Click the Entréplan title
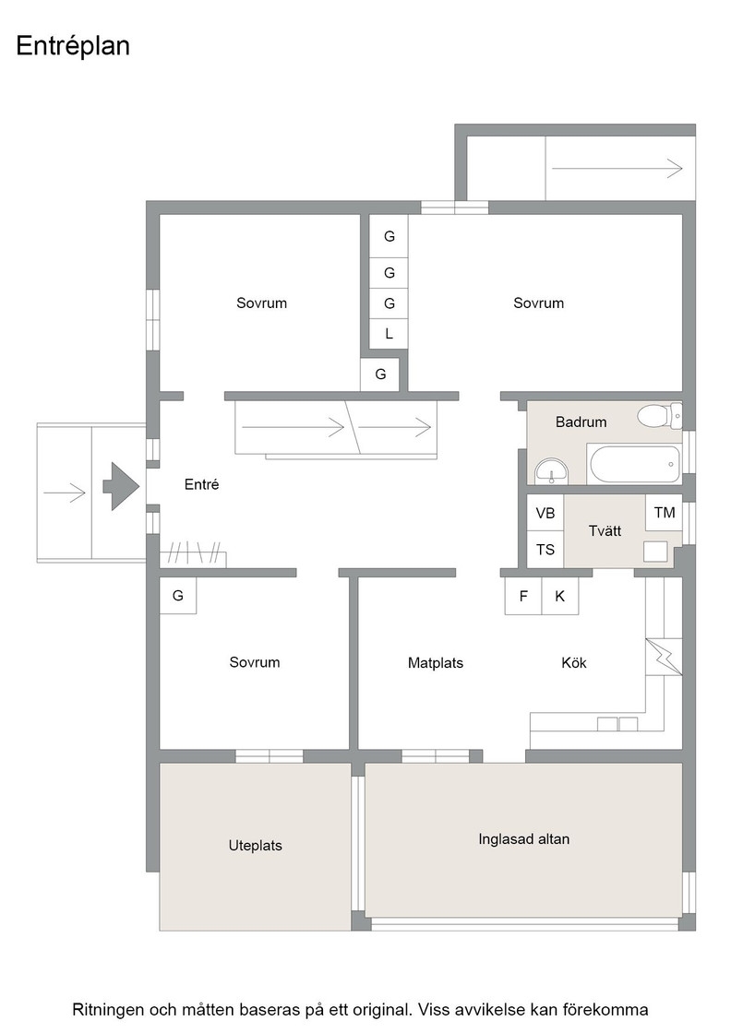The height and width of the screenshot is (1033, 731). point(73,46)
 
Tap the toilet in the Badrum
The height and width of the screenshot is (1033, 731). point(659,416)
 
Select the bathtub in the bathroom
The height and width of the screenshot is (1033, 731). point(635,464)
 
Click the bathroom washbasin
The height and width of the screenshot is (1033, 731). point(551,471)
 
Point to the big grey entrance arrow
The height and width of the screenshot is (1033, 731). point(121,486)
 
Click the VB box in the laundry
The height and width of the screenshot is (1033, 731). point(545,513)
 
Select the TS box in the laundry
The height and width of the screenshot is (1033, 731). point(545,550)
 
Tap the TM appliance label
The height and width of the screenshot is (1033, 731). point(665,513)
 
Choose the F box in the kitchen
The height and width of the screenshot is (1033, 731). point(523,596)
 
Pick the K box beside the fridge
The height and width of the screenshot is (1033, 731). point(560,596)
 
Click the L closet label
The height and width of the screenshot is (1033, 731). point(389,334)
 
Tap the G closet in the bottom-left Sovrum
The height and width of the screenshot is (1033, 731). point(178,596)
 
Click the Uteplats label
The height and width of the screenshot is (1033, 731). point(255,845)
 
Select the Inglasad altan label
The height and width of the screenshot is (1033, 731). point(524,838)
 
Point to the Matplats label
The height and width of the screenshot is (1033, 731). point(436,663)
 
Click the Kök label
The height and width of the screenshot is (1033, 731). point(574,663)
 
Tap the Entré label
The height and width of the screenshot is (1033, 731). point(202,484)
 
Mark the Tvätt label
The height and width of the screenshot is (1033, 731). point(605,530)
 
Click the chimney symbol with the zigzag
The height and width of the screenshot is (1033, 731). point(664,657)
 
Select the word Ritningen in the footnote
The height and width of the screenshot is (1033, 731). point(109,1010)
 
